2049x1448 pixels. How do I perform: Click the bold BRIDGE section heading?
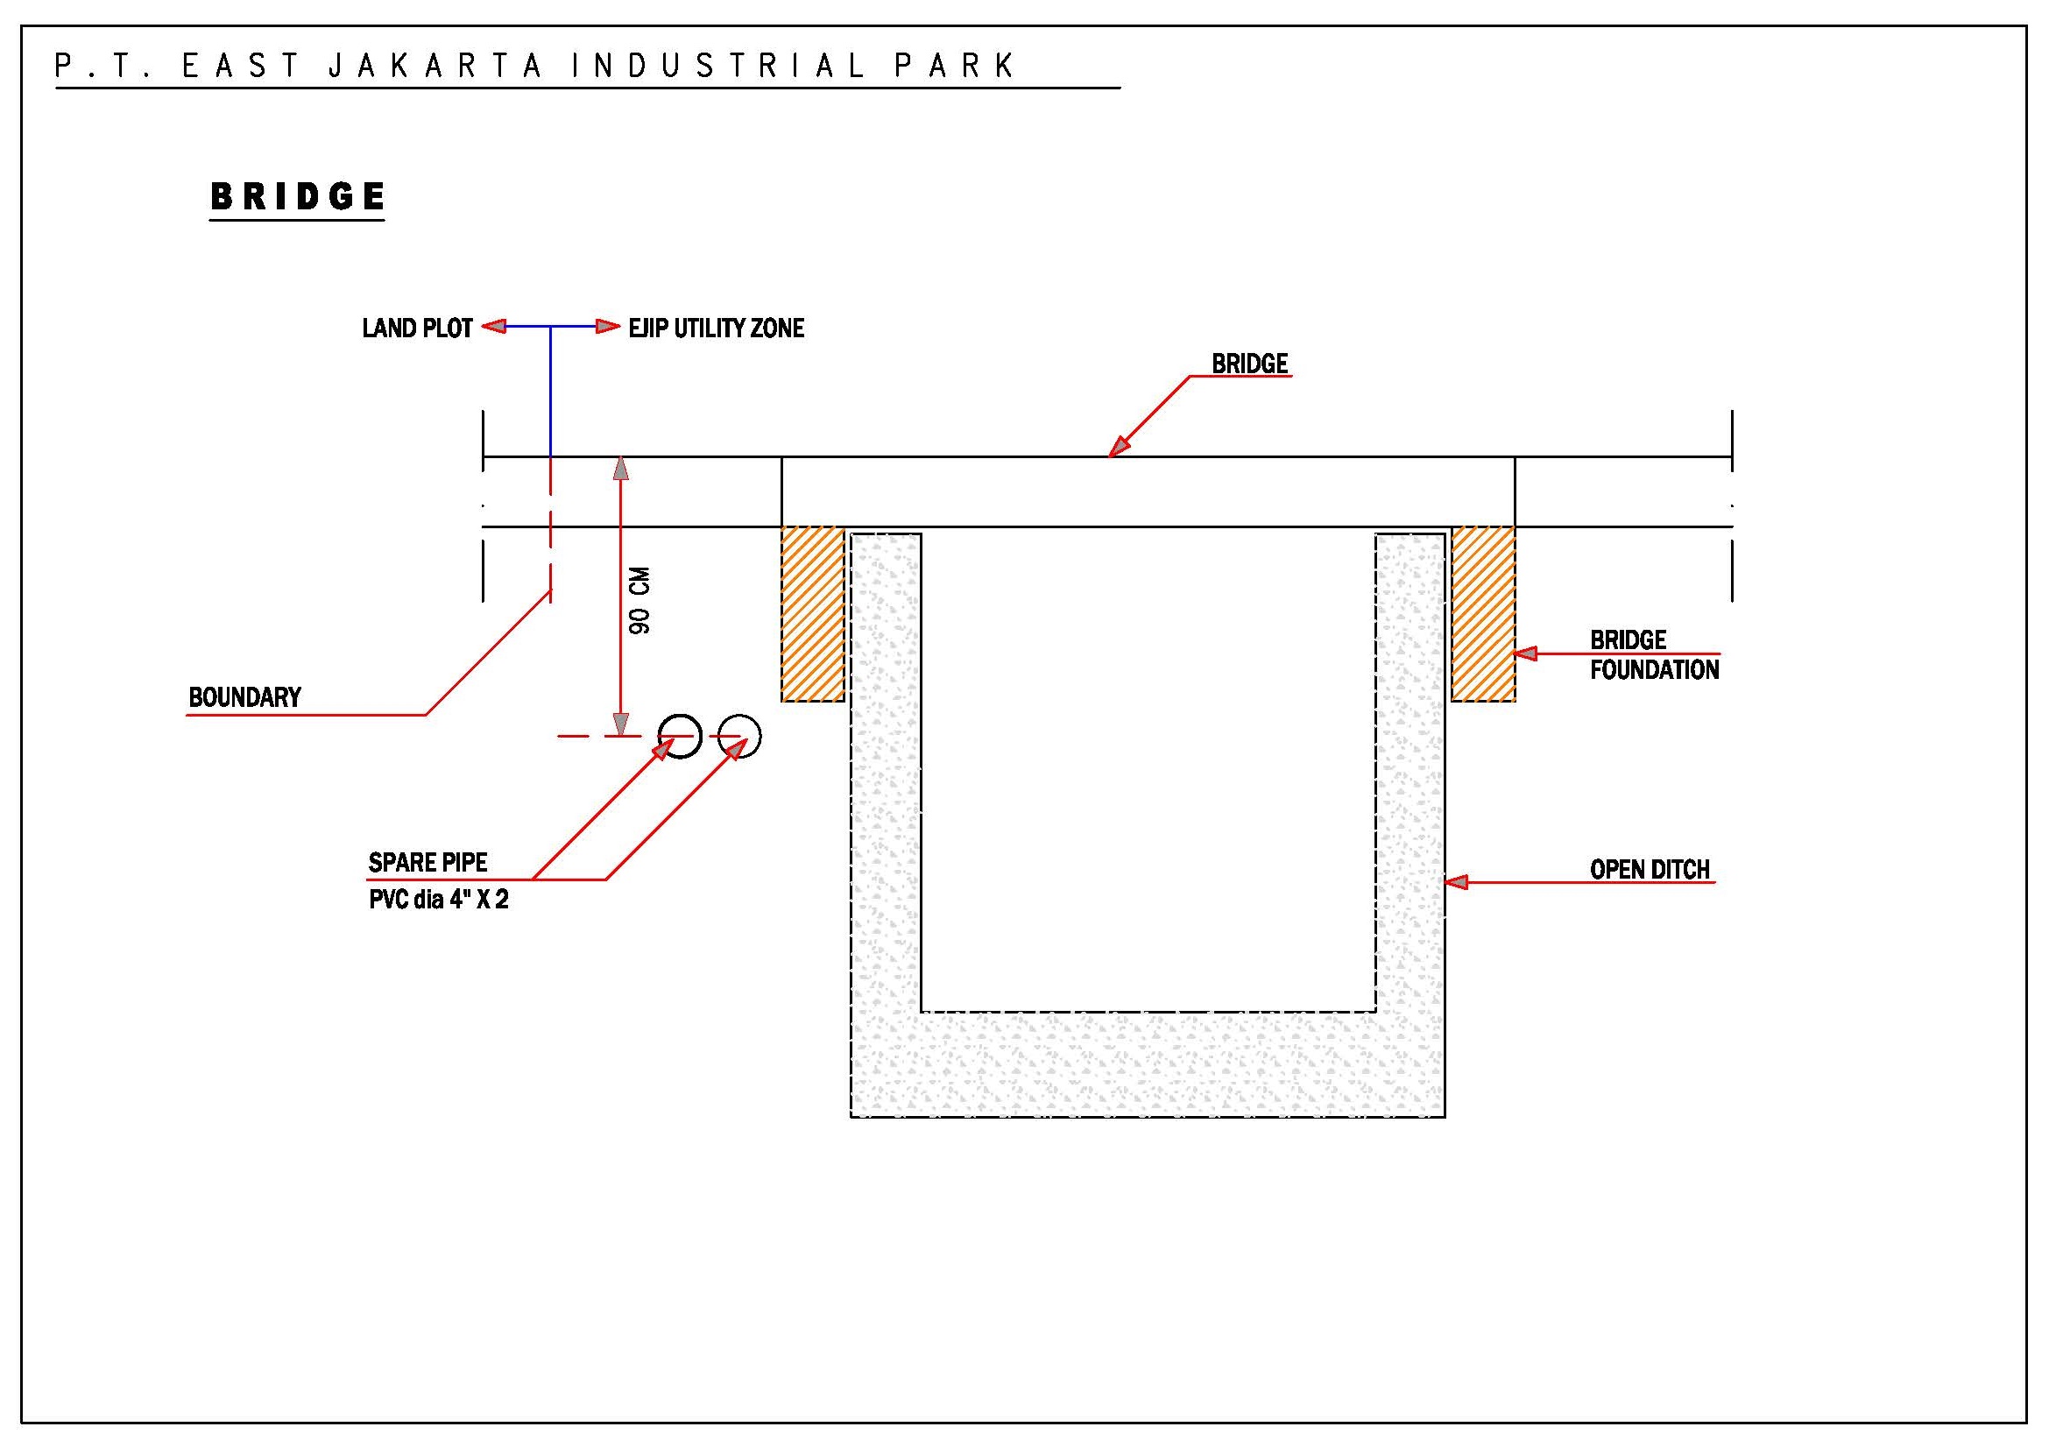(x=297, y=196)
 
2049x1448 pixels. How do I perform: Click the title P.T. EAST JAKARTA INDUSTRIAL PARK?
(x=535, y=66)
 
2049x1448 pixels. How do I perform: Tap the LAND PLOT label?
(x=417, y=328)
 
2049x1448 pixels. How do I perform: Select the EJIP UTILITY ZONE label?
(x=716, y=328)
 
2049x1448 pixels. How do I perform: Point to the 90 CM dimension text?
(x=639, y=600)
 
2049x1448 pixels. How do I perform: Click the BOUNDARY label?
(x=244, y=697)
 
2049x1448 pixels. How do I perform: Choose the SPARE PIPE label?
(x=427, y=863)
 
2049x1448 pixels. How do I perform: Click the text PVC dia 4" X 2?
(x=438, y=900)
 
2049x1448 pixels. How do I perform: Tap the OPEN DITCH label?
(x=1650, y=870)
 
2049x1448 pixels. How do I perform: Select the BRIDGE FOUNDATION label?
(x=1654, y=655)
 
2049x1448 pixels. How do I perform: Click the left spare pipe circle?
(x=680, y=737)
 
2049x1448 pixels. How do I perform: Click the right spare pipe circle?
(x=740, y=737)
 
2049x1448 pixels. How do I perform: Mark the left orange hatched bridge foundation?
(x=812, y=614)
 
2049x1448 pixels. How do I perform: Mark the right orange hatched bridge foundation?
(x=1483, y=614)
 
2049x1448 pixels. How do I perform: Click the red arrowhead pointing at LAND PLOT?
(x=493, y=327)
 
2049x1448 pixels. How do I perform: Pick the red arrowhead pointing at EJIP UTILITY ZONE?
(x=609, y=327)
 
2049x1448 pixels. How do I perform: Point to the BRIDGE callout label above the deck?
(x=1249, y=364)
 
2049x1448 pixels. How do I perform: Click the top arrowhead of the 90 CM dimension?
(x=621, y=469)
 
